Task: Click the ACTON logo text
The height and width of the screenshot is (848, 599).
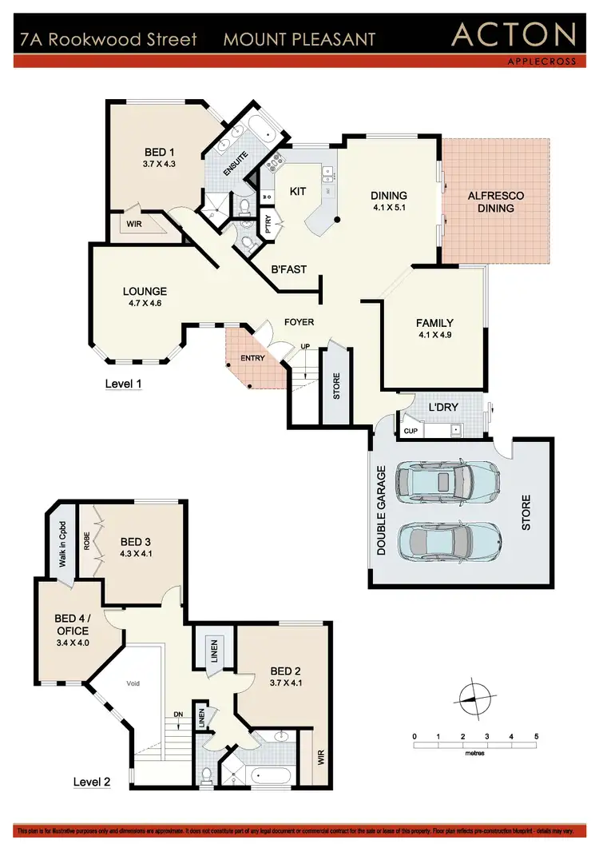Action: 514,34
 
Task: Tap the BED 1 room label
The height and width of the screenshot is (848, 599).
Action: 160,153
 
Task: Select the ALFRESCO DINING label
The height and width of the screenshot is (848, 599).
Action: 497,201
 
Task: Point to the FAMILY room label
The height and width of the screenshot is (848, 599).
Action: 434,323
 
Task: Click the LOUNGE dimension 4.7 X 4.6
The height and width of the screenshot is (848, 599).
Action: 145,303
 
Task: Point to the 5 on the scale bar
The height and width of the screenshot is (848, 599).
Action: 537,735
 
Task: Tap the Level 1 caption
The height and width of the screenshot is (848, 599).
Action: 124,384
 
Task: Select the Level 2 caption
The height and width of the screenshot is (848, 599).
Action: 92,782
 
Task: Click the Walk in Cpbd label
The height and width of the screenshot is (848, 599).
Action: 62,544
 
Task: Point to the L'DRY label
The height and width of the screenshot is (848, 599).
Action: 442,407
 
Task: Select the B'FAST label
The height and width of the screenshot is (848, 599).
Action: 288,269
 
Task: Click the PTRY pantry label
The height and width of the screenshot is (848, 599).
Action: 268,225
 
